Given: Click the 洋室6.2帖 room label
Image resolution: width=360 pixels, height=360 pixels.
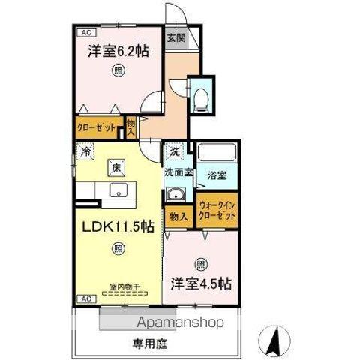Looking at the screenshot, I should point(118,52).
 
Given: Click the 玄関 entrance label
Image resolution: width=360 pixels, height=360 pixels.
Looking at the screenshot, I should point(175,38).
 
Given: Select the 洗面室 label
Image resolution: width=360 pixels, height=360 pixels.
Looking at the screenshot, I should point(179,172).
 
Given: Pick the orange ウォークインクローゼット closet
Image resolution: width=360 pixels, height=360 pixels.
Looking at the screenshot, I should point(217,210).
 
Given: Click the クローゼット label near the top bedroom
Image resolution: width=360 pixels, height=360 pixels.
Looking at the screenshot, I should point(97,128).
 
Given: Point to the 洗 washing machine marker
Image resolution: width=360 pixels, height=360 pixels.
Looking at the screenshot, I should point(174,151).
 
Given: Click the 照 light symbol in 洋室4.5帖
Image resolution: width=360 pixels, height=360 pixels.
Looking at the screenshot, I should point(200,264).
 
